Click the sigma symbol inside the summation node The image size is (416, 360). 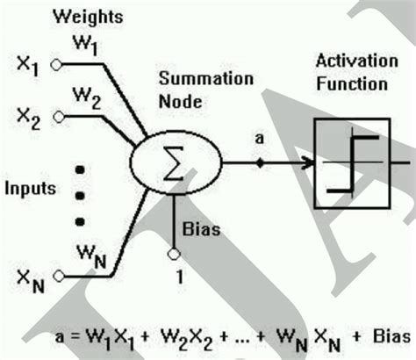click(x=175, y=163)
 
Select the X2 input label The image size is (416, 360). click(x=28, y=116)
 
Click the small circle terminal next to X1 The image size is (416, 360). click(x=56, y=64)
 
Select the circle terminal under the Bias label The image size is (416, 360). click(x=174, y=253)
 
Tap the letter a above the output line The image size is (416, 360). click(x=258, y=139)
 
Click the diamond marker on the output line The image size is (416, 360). click(x=259, y=162)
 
